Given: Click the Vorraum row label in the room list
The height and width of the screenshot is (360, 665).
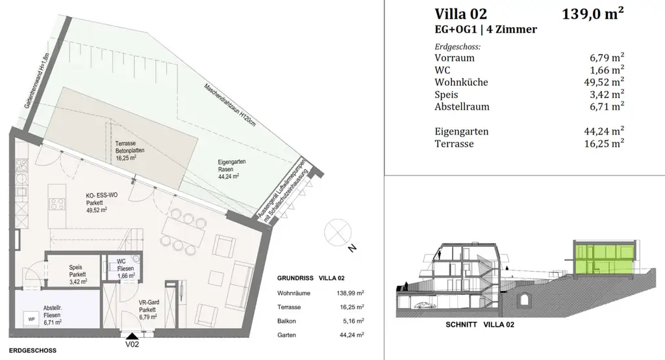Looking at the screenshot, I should [455, 58].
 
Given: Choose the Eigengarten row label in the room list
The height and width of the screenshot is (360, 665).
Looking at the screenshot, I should [462, 131].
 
